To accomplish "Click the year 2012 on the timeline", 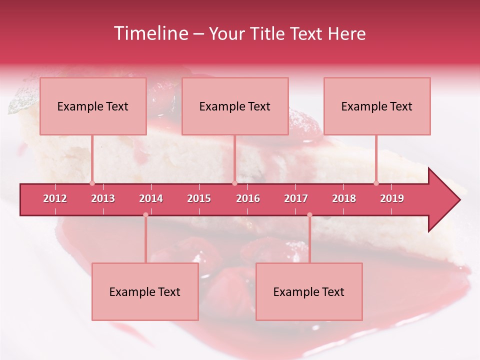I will [x=55, y=198].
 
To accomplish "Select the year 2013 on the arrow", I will [x=103, y=198].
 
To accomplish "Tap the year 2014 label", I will [x=151, y=198].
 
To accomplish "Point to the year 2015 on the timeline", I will [x=199, y=198].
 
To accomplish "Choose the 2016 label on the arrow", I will [x=248, y=198].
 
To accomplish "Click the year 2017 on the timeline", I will [x=296, y=198].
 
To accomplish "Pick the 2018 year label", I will [x=344, y=198].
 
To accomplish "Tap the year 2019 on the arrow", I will [x=392, y=198].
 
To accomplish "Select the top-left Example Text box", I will [x=93, y=106].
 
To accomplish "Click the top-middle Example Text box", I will [x=235, y=106].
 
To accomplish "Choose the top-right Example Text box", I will [x=377, y=106].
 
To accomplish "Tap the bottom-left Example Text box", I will [x=145, y=291].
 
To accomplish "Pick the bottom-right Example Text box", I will [x=309, y=291].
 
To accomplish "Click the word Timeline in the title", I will [x=150, y=33].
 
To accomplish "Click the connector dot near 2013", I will [x=92, y=183].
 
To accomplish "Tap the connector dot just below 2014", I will [x=145, y=215].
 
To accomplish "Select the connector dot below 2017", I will [x=309, y=215].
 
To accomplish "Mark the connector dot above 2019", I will [x=376, y=183].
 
